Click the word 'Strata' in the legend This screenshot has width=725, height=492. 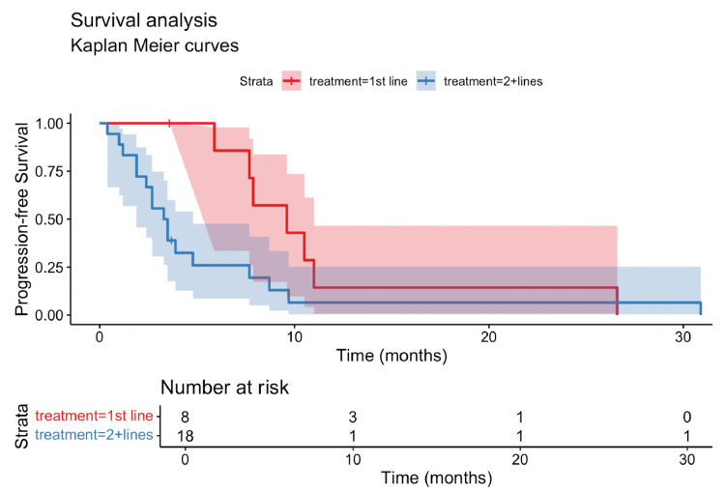point(256,81)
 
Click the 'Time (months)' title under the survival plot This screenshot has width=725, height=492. point(391,356)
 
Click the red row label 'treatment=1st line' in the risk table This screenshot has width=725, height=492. point(95,416)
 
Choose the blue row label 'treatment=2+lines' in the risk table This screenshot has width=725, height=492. point(95,435)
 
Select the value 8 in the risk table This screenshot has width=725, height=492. point(184,416)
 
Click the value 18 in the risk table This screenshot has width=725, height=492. point(184,435)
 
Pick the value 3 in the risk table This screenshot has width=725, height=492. point(353,416)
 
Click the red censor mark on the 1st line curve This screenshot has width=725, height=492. point(169,123)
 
